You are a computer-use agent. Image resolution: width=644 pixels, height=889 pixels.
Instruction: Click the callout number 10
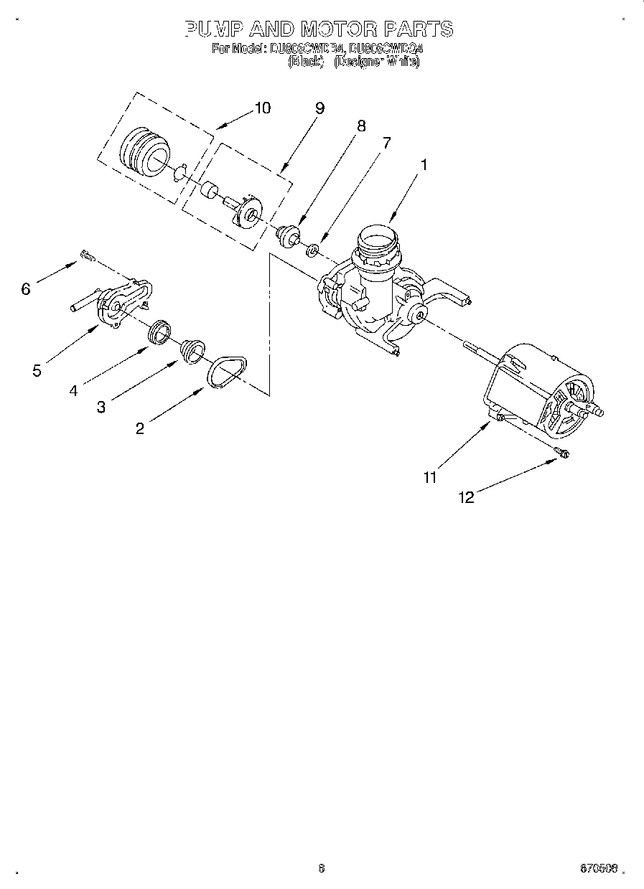click(263, 108)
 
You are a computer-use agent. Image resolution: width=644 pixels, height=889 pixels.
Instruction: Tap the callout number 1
click(424, 164)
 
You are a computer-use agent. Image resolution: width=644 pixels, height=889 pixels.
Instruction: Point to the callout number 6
click(26, 288)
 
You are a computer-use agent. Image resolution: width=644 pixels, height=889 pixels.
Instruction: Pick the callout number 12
click(467, 497)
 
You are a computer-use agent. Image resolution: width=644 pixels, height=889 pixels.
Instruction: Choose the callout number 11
click(430, 477)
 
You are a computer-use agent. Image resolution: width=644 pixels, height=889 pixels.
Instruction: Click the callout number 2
click(140, 428)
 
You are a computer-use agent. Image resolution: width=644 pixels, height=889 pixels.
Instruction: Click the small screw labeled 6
click(88, 254)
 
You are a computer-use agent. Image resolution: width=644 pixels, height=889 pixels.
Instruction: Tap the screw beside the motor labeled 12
click(561, 451)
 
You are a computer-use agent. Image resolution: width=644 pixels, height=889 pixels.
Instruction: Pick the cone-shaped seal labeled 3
click(192, 350)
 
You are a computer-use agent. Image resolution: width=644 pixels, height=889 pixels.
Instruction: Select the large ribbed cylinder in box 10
click(143, 150)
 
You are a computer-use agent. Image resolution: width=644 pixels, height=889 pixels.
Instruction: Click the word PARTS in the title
click(418, 29)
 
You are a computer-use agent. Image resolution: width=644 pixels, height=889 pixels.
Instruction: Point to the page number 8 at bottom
click(321, 869)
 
